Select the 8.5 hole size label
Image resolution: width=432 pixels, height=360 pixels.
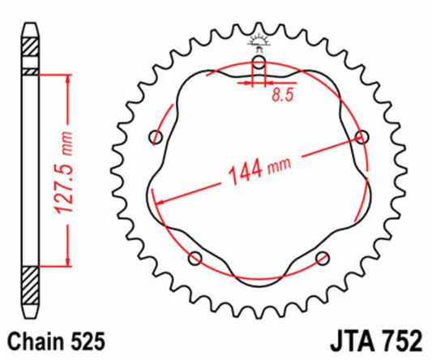282,95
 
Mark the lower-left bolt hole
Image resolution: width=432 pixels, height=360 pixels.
195,258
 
